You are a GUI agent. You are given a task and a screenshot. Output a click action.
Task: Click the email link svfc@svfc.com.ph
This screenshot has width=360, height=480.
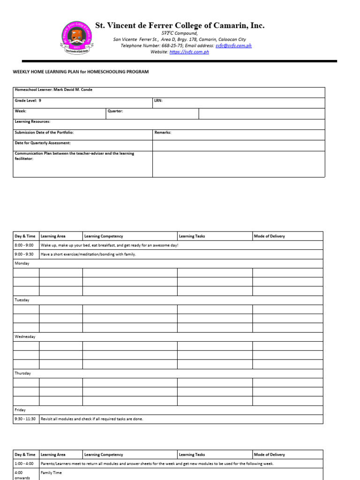coord(233,46)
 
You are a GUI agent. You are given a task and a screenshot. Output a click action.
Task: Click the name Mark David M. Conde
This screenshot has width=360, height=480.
coord(73,90)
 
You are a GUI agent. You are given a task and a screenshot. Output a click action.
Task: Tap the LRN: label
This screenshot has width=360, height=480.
coord(158,100)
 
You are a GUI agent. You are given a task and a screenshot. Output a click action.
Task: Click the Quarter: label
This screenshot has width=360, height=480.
coord(115,111)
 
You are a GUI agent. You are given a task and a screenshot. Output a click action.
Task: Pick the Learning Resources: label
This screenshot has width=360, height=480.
coord(32,121)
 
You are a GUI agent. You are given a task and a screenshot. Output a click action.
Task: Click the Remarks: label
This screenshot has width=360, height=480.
coord(163,132)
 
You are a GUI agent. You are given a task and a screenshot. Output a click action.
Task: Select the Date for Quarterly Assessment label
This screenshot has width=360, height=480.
coord(43,143)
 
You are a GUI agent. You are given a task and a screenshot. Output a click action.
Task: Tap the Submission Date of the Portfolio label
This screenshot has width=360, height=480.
coord(44,132)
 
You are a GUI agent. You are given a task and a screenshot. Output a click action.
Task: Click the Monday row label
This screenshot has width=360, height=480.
coord(22,263)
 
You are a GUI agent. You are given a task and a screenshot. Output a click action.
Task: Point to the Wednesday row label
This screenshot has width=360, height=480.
coord(25,337)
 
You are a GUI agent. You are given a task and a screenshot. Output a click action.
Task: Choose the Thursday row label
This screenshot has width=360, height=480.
coord(23,373)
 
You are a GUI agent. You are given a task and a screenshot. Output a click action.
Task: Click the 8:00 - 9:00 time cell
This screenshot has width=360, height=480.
coord(24,245)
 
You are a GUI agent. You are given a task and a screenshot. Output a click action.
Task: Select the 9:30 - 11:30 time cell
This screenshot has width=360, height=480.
coord(25,419)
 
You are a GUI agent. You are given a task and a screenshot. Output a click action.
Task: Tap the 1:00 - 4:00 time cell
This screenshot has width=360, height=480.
coord(24,464)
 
